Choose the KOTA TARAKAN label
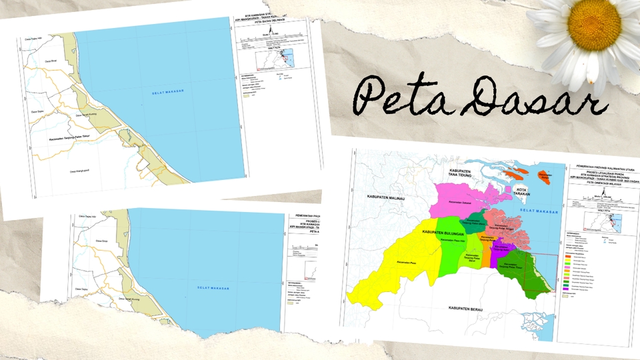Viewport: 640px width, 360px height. tap(525, 192)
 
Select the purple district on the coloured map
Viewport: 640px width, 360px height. tap(501, 257)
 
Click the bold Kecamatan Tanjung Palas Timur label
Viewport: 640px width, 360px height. tap(74, 138)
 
